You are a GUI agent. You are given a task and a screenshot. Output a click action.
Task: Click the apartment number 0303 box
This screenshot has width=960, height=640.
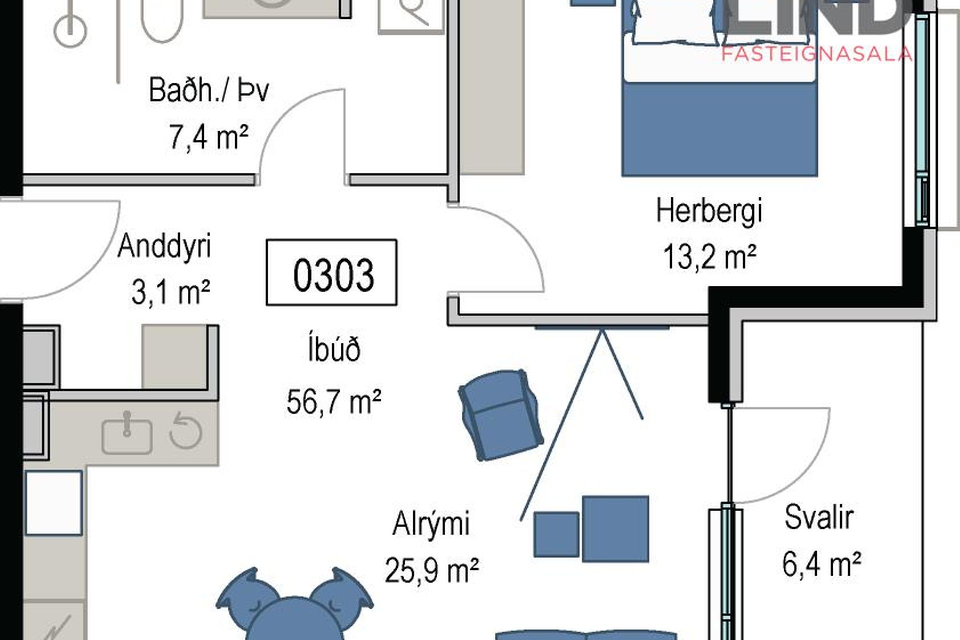[x=332, y=272]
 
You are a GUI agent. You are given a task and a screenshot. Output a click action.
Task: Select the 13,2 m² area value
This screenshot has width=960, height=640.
[x=709, y=257]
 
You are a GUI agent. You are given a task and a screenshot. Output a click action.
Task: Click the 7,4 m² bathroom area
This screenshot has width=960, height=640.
[x=209, y=136]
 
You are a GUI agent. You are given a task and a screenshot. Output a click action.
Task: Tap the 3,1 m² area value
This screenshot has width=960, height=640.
[x=170, y=292]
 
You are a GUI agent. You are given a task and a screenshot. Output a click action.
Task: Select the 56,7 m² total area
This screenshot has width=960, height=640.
[x=334, y=401]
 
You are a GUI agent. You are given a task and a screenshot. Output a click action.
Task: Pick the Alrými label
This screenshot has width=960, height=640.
[x=431, y=525]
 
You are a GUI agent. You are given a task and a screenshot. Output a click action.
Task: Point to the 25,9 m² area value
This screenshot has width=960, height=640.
[x=432, y=570]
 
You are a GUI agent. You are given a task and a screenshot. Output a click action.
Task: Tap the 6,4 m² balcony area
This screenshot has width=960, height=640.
[x=822, y=564]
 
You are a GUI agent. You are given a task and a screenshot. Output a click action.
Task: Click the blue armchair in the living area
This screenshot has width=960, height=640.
[x=501, y=414]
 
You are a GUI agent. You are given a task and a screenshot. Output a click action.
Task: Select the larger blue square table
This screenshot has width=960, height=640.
[x=616, y=529]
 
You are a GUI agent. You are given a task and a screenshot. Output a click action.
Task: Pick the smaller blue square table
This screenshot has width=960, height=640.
[x=556, y=534]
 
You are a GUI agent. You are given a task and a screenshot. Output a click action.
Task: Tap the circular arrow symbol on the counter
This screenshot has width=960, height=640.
[x=186, y=430]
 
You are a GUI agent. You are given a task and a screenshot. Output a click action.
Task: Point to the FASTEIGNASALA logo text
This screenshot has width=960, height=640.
[x=817, y=54]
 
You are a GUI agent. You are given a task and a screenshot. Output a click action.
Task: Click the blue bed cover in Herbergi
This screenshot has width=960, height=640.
[x=720, y=129]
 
